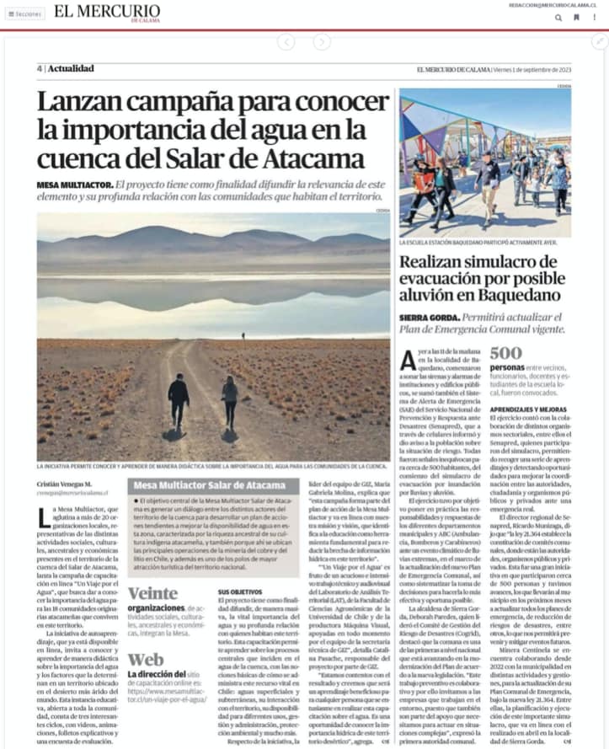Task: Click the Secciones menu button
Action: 24,13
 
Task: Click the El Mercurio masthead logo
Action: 106,12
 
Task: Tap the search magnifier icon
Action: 558,16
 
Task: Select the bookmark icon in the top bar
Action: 576,16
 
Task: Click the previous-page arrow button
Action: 286,41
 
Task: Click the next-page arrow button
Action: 322,41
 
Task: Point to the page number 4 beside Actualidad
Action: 39,69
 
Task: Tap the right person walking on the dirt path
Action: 229,402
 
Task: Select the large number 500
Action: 506,353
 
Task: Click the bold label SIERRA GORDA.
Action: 430,318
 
